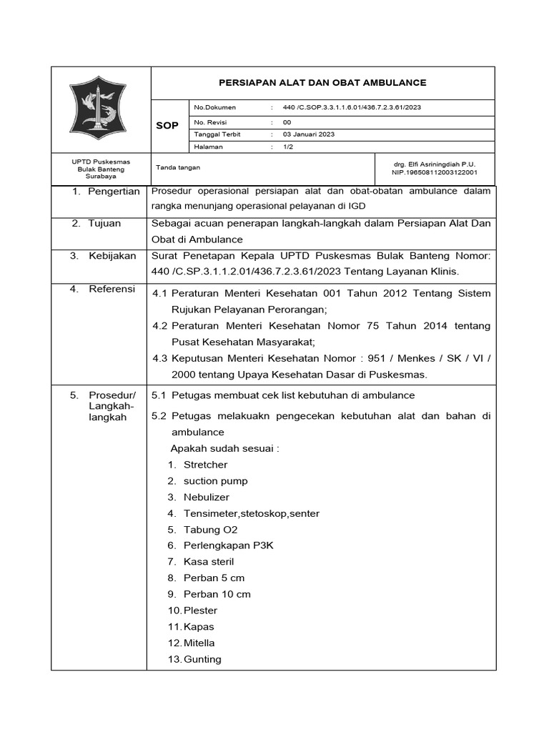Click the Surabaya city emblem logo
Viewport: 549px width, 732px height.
[x=101, y=109]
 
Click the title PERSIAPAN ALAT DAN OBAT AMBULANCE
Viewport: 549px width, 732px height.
[x=322, y=83]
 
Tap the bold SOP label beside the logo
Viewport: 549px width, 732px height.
[x=167, y=126]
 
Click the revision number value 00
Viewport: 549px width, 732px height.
[x=287, y=122]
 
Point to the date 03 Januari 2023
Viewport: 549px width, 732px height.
[x=308, y=134]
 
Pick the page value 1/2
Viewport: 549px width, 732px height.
[x=288, y=147]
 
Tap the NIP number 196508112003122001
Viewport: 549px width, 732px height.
[x=435, y=172]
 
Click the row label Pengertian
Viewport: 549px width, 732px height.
[x=114, y=192]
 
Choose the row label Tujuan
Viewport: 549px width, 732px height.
[x=104, y=223]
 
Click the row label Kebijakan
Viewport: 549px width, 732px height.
[x=112, y=255]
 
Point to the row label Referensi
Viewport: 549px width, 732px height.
[x=112, y=289]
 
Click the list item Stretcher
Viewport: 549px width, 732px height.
[x=205, y=465]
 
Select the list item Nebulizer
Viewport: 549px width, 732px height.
[x=207, y=497]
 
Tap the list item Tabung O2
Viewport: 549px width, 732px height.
[x=210, y=530]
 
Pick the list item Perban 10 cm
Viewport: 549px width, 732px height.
[x=217, y=594]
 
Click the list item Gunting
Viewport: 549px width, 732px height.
[x=202, y=659]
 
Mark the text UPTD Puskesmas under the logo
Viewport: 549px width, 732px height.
[x=101, y=162]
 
